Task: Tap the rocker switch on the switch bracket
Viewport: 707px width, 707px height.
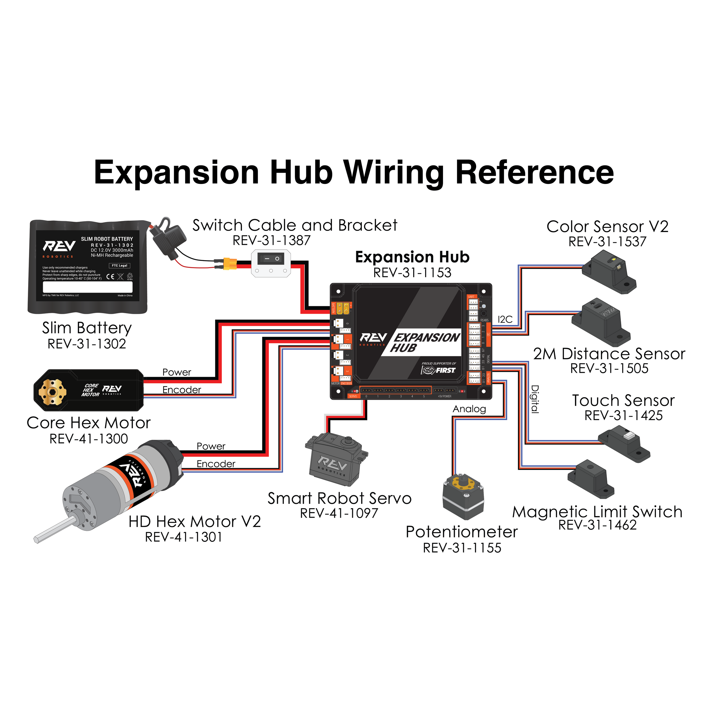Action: [271, 259]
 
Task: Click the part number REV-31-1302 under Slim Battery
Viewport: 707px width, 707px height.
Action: [87, 344]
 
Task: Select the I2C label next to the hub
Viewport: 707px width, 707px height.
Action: [505, 320]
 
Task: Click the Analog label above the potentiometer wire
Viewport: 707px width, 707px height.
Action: [469, 409]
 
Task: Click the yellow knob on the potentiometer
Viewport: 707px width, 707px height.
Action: [463, 482]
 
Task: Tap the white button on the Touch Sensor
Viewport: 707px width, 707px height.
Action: [629, 436]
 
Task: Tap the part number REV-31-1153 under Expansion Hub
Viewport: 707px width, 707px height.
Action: [412, 273]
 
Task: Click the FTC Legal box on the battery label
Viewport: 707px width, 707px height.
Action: [119, 266]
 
